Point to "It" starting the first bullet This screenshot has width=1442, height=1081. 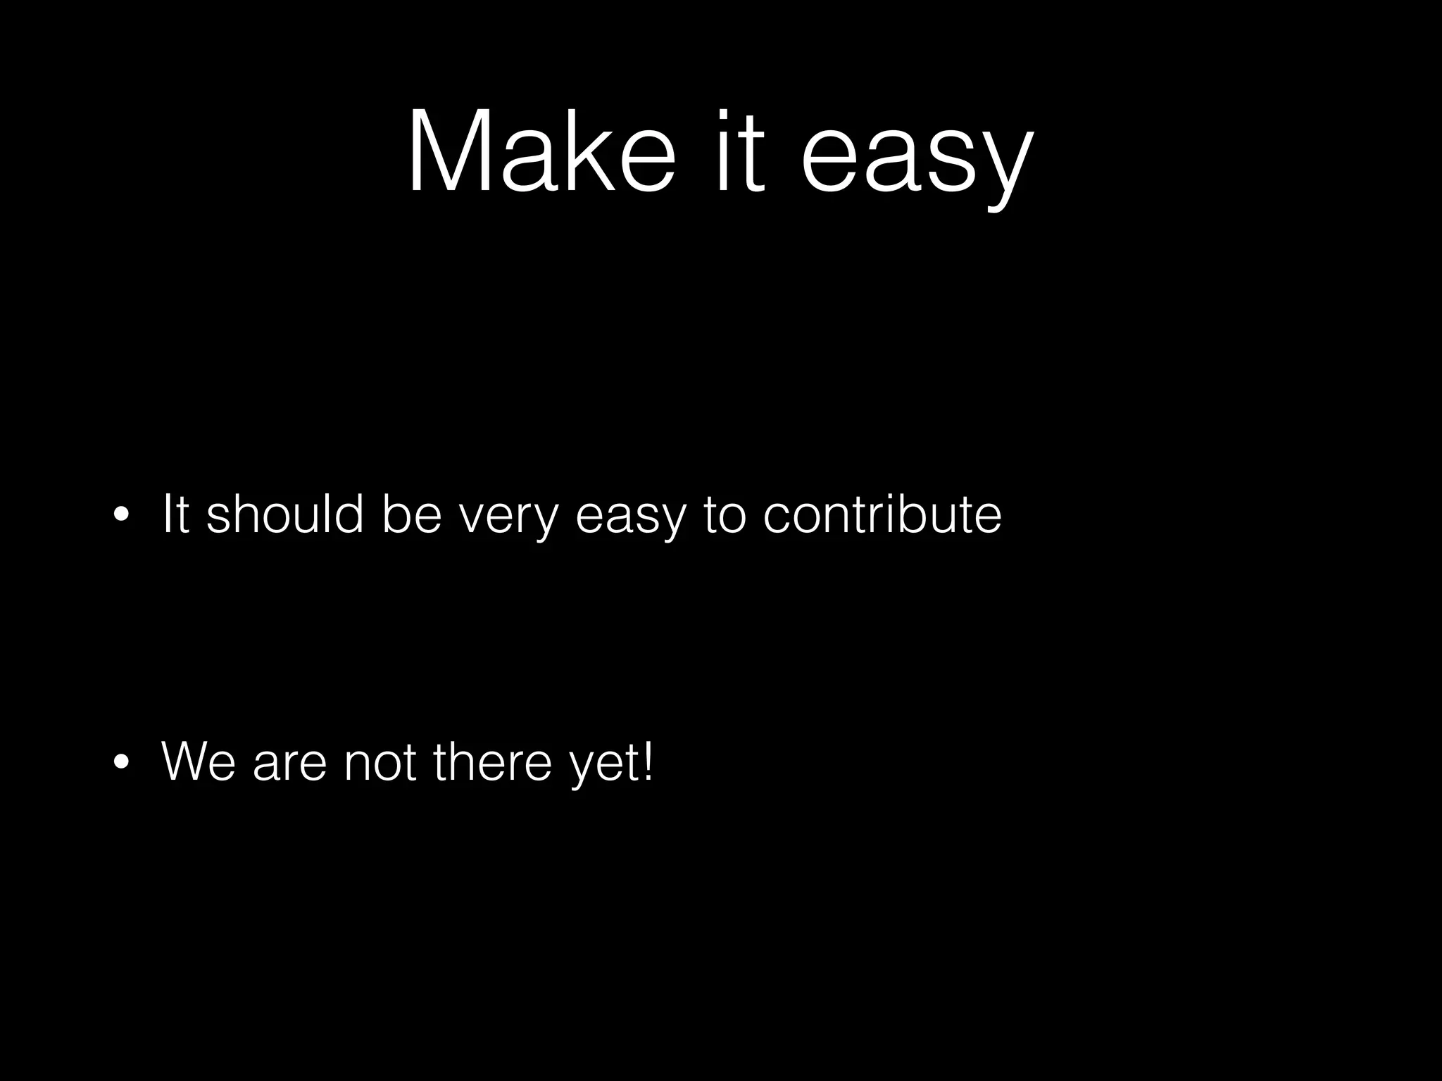coord(175,514)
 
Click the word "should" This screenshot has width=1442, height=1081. coord(285,514)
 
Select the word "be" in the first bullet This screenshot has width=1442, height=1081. coord(411,514)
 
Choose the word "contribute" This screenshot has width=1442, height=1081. coord(882,514)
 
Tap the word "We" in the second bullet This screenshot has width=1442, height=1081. coord(199,762)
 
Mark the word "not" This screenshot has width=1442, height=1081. coord(380,762)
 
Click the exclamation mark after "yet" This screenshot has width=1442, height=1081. coord(648,760)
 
